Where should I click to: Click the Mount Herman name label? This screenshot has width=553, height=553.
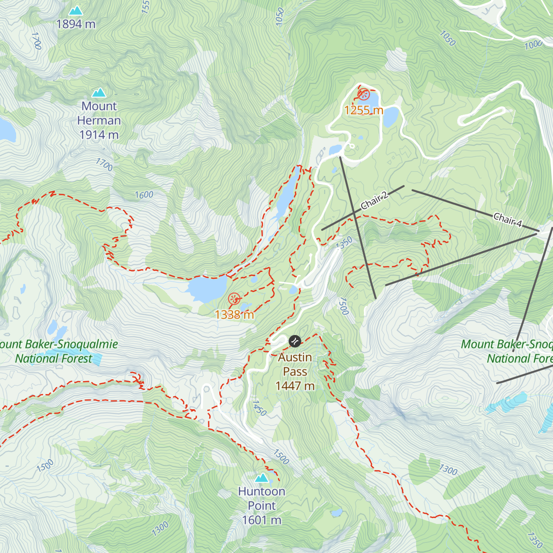[x=99, y=120]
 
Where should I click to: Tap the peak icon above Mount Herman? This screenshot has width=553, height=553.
[x=99, y=93]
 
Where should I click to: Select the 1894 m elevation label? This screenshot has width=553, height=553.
[x=76, y=24]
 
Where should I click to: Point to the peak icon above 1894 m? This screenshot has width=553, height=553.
[x=76, y=10]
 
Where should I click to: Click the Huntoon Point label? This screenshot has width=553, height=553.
[x=262, y=506]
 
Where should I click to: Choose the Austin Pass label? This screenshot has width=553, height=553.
[x=295, y=371]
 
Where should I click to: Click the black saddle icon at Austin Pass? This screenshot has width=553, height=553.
[x=294, y=341]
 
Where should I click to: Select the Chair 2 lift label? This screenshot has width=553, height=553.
[x=374, y=201]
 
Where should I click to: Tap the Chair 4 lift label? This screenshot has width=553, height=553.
[x=507, y=220]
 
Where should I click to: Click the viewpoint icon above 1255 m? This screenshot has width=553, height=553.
[x=364, y=95]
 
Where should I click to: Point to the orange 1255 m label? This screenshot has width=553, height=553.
[x=364, y=110]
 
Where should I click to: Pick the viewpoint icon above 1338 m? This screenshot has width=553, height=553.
[x=234, y=299]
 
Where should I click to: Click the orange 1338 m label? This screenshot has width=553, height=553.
[x=234, y=315]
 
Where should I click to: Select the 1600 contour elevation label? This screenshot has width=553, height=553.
[x=144, y=195]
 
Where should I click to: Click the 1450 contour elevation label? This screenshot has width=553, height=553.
[x=259, y=408]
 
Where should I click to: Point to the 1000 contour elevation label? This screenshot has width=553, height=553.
[x=533, y=45]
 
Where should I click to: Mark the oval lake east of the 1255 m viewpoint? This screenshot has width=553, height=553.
[x=390, y=116]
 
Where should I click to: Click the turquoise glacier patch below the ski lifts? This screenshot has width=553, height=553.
[x=507, y=404]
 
